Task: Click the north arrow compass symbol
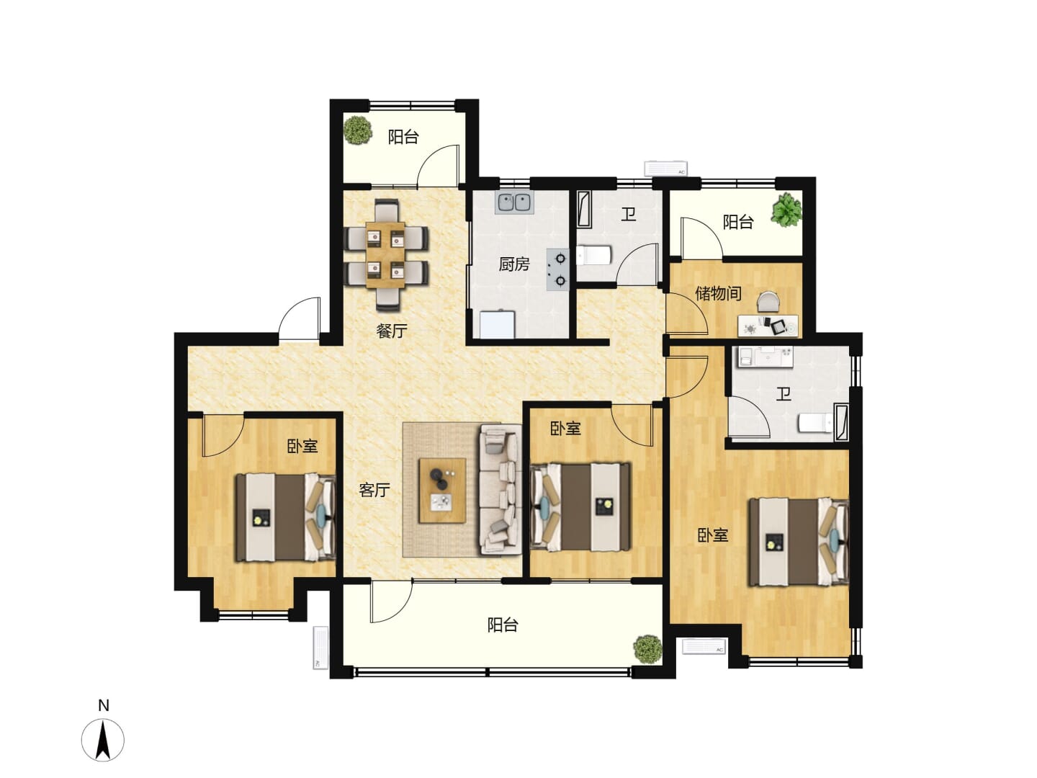click(103, 740)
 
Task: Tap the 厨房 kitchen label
click(514, 264)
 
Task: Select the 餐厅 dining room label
click(391, 331)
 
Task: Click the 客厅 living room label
click(374, 491)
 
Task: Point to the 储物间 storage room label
click(718, 293)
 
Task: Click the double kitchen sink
click(514, 202)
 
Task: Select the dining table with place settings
click(385, 255)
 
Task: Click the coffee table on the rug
click(442, 491)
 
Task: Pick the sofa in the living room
click(500, 489)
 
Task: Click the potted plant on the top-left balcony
click(357, 130)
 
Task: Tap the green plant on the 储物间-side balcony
click(786, 209)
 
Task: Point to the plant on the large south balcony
click(647, 650)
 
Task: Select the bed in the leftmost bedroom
click(286, 517)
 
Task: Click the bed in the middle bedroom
click(580, 507)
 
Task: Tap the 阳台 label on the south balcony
click(503, 625)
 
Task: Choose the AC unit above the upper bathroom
click(665, 168)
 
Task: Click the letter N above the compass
click(104, 705)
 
